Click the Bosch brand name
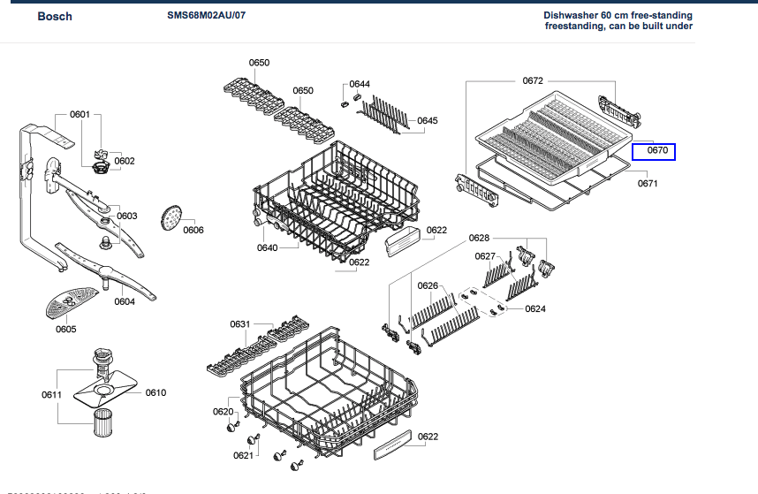pyautogui.click(x=55, y=17)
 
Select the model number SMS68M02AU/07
pyautogui.click(x=207, y=16)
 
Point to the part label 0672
pyautogui.click(x=533, y=80)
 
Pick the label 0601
pyautogui.click(x=80, y=114)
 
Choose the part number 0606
pyautogui.click(x=193, y=231)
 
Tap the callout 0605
pyautogui.click(x=66, y=330)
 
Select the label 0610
pyautogui.click(x=156, y=392)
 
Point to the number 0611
pyautogui.click(x=51, y=393)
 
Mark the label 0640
pyautogui.click(x=268, y=247)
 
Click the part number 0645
pyautogui.click(x=428, y=120)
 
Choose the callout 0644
pyautogui.click(x=360, y=84)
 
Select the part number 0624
pyautogui.click(x=535, y=308)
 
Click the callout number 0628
pyautogui.click(x=479, y=239)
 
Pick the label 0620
pyautogui.click(x=223, y=412)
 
